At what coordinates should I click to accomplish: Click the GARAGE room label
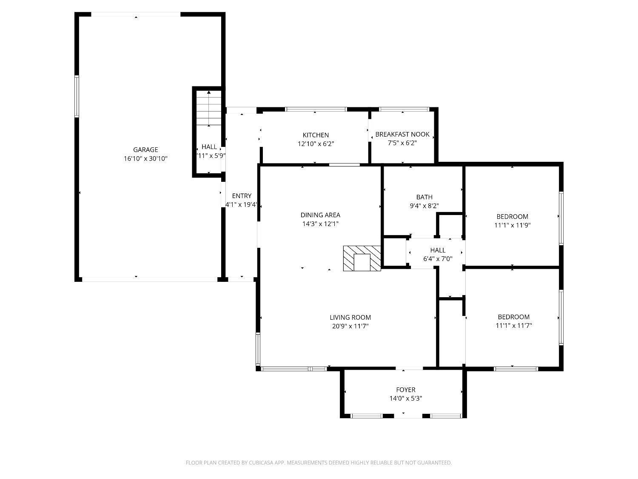[x=145, y=149]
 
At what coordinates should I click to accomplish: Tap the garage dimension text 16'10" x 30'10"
[x=145, y=158]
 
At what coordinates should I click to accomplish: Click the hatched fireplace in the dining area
[x=362, y=258]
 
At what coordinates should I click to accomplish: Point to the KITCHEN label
[x=316, y=135]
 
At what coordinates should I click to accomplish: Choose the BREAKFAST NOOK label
[x=402, y=134]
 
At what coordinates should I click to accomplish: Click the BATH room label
[x=424, y=197]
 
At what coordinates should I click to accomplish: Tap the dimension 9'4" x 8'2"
[x=424, y=206]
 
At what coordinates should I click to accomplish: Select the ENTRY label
[x=241, y=196]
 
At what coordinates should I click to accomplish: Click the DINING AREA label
[x=320, y=215]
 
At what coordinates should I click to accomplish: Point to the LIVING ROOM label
[x=350, y=317]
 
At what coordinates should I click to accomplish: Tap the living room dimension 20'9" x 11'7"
[x=350, y=326]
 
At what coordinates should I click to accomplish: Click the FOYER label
[x=405, y=390]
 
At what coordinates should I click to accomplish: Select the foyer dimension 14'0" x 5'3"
[x=405, y=399]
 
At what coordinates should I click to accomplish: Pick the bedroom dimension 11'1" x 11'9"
[x=512, y=225]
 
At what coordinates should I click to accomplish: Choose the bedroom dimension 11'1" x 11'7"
[x=513, y=326]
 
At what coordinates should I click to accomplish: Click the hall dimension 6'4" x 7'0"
[x=437, y=258]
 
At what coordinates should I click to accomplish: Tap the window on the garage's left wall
[x=77, y=96]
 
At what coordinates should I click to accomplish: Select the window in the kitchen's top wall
[x=316, y=109]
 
